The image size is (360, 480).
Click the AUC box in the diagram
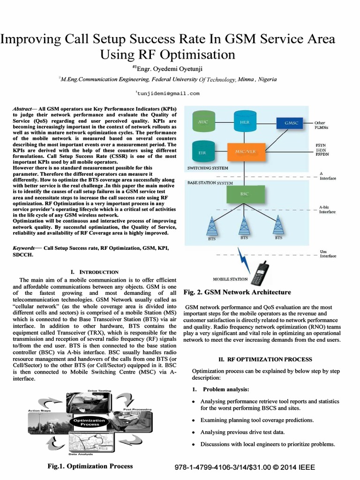coord(203,122)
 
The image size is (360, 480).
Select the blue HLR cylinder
coord(244,122)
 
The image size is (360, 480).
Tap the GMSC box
coord(288,123)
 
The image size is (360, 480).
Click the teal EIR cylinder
coord(203,152)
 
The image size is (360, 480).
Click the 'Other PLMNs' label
coord(322,126)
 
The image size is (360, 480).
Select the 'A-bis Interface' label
coord(327,209)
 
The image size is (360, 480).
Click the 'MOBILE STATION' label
coord(230,279)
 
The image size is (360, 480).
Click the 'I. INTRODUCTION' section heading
coord(94,272)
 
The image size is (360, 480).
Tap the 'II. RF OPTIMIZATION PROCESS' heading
coord(265,359)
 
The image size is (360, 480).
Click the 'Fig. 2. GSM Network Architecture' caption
coord(237,292)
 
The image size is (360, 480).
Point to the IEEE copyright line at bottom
coord(244,468)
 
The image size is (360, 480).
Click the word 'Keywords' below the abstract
coord(23,247)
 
